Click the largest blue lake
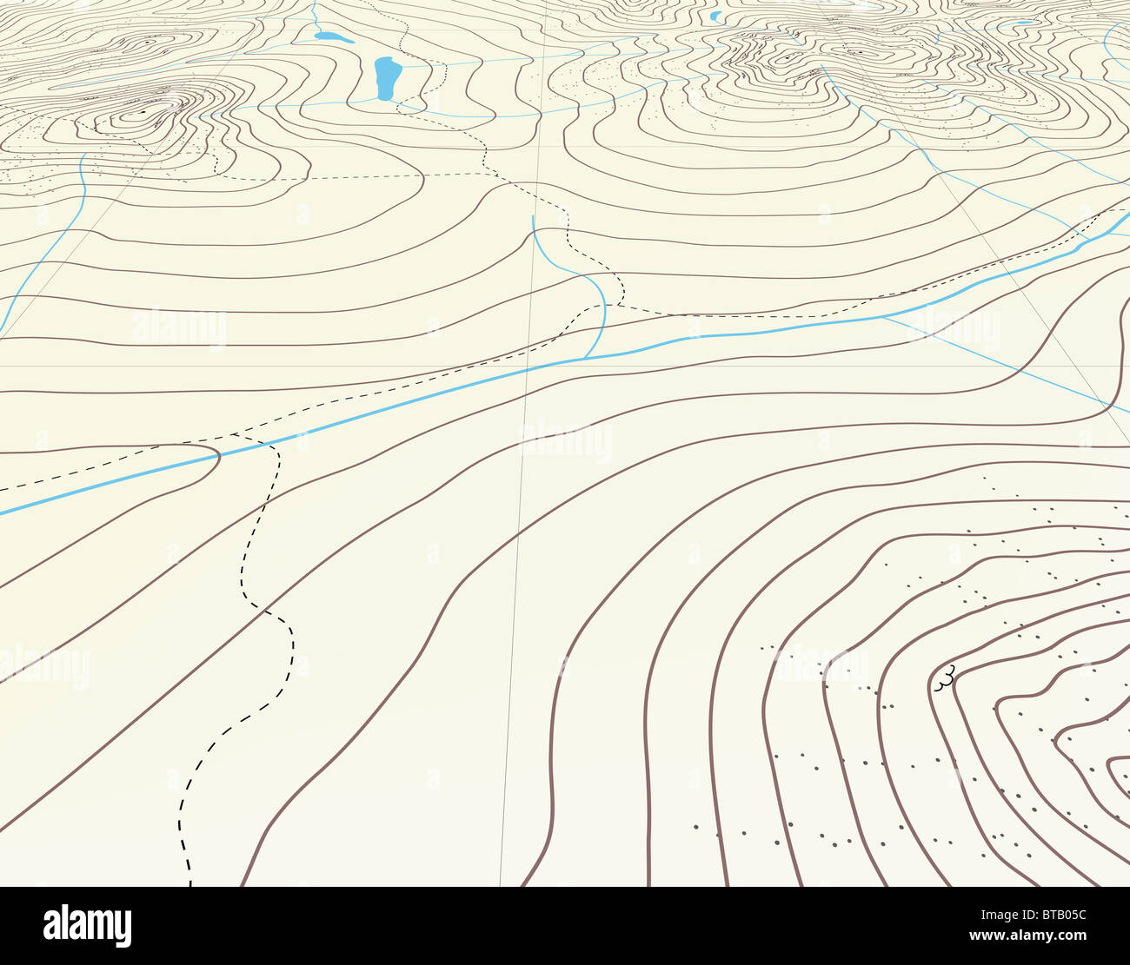(386, 78)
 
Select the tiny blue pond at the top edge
(715, 16)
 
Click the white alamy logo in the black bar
(87, 925)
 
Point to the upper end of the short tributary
(532, 217)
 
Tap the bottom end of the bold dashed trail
(189, 884)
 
